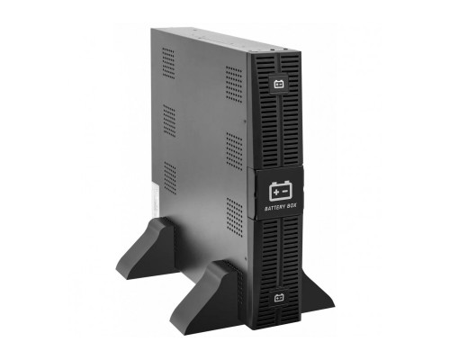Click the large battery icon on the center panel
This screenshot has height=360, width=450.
tap(281, 191)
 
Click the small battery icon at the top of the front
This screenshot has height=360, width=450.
tap(279, 86)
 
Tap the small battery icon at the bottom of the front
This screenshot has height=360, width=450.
tap(279, 296)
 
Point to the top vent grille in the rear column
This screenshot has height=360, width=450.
tap(169, 63)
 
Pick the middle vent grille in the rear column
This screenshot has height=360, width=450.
tap(169, 120)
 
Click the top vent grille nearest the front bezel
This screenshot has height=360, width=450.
tap(234, 85)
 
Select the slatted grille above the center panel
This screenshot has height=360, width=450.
tap(280, 126)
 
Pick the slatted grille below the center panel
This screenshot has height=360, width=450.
tap(280, 256)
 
